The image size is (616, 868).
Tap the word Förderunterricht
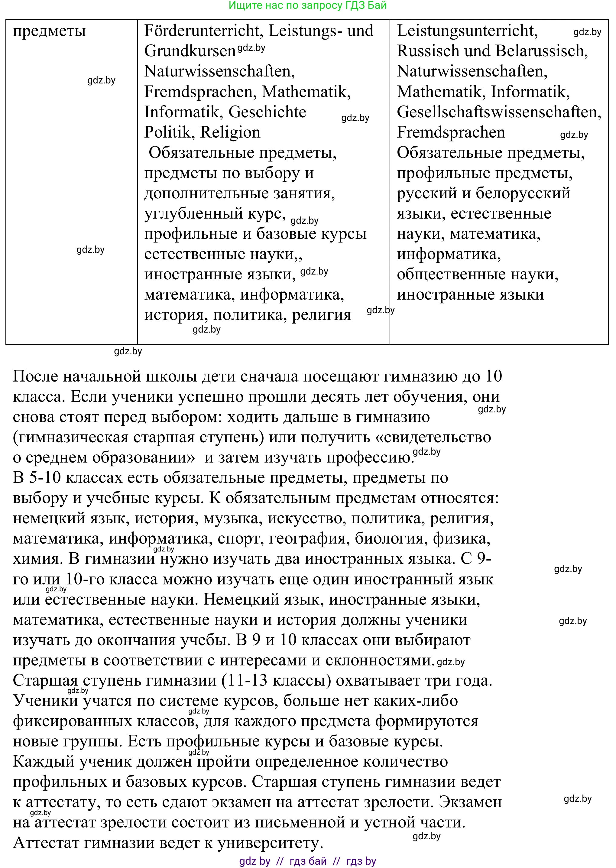point(201,31)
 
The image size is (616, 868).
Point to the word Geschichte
point(267,112)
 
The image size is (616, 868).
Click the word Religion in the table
point(230,132)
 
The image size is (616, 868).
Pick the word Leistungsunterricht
point(467,31)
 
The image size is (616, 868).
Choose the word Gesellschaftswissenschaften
point(499,112)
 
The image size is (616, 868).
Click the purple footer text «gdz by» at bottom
point(255,861)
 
